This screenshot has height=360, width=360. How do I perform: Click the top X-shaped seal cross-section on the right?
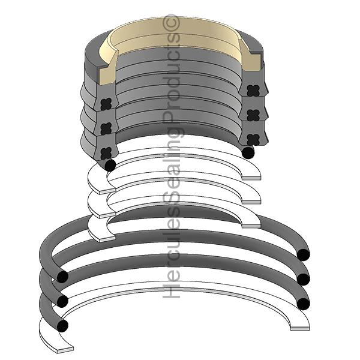click(x=251, y=90)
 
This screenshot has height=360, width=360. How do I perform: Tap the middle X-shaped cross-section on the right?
click(x=251, y=114)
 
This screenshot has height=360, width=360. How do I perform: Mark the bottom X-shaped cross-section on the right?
click(x=251, y=139)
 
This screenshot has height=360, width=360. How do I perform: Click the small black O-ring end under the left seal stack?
click(x=109, y=164)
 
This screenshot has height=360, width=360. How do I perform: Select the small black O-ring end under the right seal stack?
click(x=248, y=152)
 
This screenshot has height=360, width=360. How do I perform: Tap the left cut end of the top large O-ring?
click(x=61, y=277)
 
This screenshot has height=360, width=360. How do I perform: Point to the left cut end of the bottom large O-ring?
click(x=62, y=324)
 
